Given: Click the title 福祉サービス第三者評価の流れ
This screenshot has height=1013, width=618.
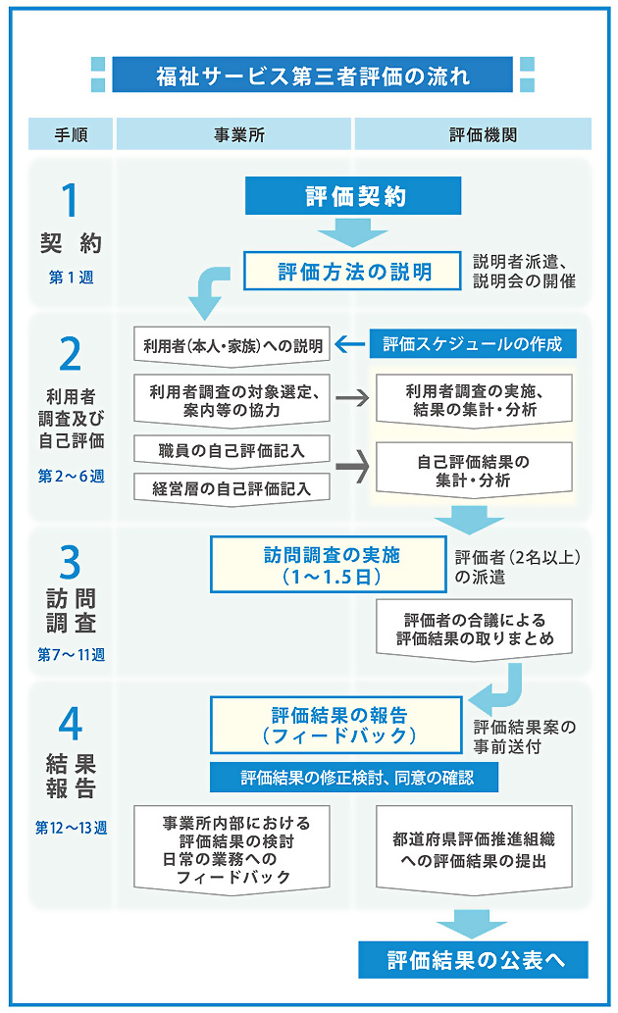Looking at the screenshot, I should click(x=312, y=76).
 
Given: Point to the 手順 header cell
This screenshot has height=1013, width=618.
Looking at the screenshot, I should click(x=71, y=133).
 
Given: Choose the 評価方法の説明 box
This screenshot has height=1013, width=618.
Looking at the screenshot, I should click(x=354, y=271).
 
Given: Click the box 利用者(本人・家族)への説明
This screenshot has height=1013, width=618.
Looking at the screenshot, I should click(x=232, y=344).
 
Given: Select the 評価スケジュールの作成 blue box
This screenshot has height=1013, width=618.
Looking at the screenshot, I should click(x=472, y=344).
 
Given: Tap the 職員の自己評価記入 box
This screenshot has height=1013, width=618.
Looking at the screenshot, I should click(x=232, y=450).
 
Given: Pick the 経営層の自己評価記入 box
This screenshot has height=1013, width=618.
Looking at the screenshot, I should click(x=232, y=485).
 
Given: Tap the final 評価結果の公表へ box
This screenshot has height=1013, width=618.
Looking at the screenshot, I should click(x=476, y=959).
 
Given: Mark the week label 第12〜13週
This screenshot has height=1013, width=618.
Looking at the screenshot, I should click(x=71, y=827).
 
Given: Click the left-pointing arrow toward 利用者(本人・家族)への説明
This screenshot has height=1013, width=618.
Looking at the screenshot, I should click(x=348, y=344).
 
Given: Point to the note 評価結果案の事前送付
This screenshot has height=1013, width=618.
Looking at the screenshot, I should click(x=523, y=736).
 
